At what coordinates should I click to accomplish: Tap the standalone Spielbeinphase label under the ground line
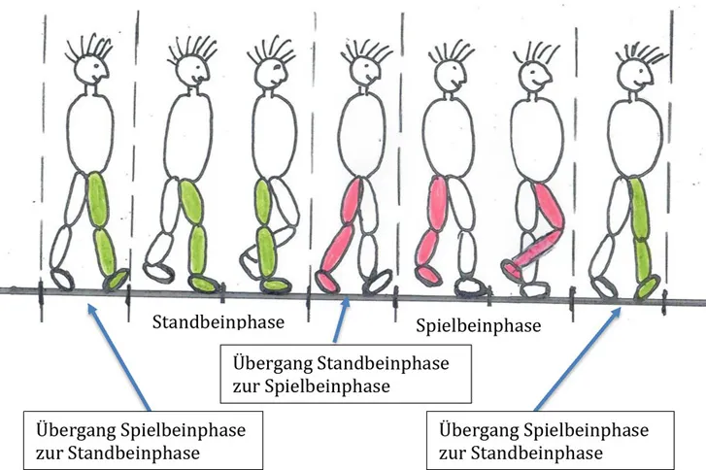coord(477,325)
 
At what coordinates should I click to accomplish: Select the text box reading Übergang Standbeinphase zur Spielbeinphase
coord(347,374)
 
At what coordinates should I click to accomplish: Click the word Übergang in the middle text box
coord(267,364)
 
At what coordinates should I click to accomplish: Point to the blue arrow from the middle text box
coord(340,321)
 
